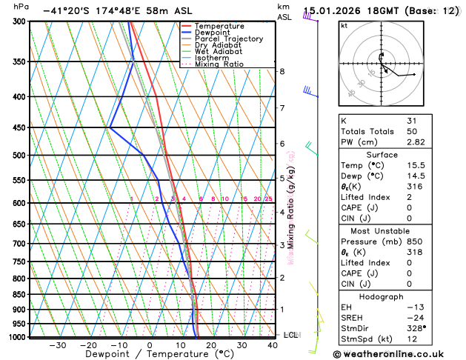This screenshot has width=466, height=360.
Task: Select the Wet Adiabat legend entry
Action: click(219, 51)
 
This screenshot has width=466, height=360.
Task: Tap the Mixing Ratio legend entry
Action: click(219, 64)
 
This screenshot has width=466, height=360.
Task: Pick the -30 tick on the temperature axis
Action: click(57, 345)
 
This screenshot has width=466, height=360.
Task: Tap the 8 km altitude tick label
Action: click(282, 71)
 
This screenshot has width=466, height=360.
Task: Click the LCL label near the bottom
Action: click(291, 335)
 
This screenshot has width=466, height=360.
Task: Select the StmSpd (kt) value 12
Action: click(412, 339)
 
